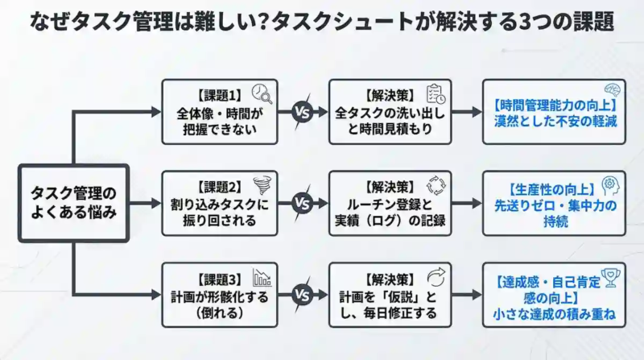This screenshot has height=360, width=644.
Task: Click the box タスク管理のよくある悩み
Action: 73,203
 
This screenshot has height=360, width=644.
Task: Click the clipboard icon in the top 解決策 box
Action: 436,94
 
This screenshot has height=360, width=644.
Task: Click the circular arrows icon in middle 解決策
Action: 436,185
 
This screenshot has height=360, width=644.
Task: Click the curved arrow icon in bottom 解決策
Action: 436,277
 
